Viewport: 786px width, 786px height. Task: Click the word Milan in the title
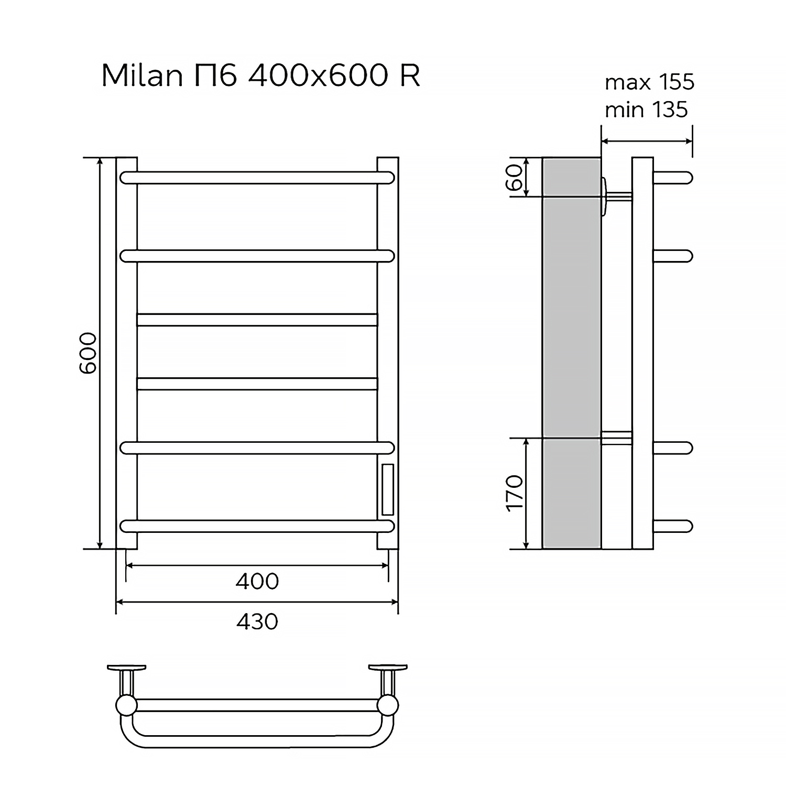141,76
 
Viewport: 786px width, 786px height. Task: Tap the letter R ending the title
410,76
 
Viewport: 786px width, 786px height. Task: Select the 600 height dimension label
88,353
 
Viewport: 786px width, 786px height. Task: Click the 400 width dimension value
257,581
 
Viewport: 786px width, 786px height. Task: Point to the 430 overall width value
257,621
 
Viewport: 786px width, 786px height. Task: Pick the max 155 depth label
649,82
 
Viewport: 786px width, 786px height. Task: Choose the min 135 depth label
646,110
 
